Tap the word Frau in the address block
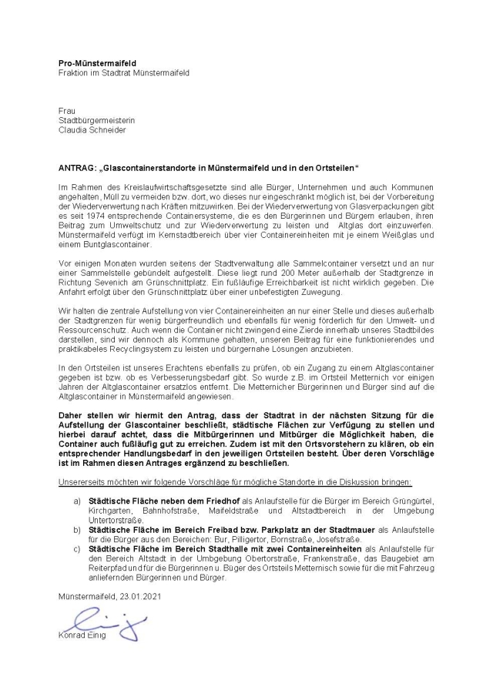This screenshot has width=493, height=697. tap(67, 111)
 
